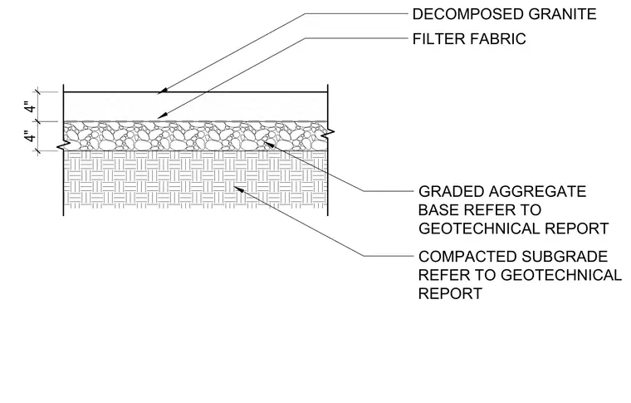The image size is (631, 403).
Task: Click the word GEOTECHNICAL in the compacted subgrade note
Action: pos(562,275)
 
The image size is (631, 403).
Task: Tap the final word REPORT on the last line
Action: pos(450,293)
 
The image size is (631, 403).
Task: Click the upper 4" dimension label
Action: pos(30,107)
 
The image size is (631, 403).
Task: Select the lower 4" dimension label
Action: pos(30,137)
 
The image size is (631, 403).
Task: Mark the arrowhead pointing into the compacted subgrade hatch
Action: pos(239,189)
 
